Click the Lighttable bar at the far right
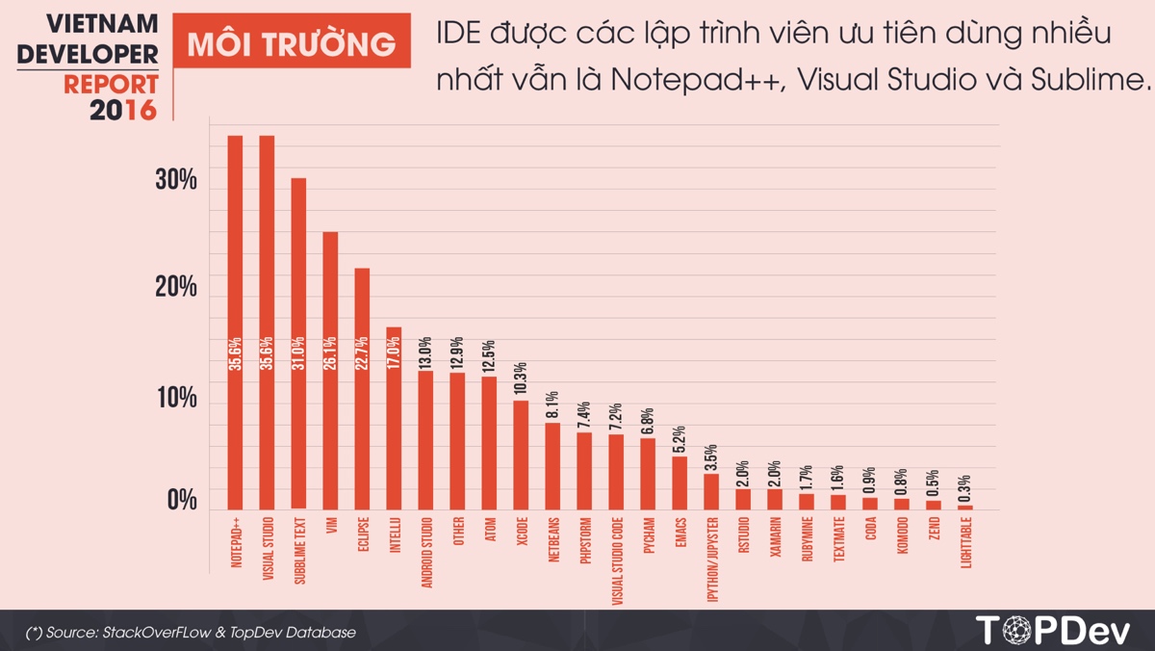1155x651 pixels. (x=965, y=507)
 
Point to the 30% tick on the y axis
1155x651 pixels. (x=176, y=179)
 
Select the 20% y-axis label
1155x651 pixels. (x=176, y=287)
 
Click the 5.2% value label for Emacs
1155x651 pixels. (x=680, y=439)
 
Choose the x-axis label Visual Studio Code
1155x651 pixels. (x=617, y=559)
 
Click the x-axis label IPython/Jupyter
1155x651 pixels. (x=712, y=559)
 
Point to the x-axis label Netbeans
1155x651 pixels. (x=553, y=544)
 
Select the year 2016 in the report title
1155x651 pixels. (x=122, y=110)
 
